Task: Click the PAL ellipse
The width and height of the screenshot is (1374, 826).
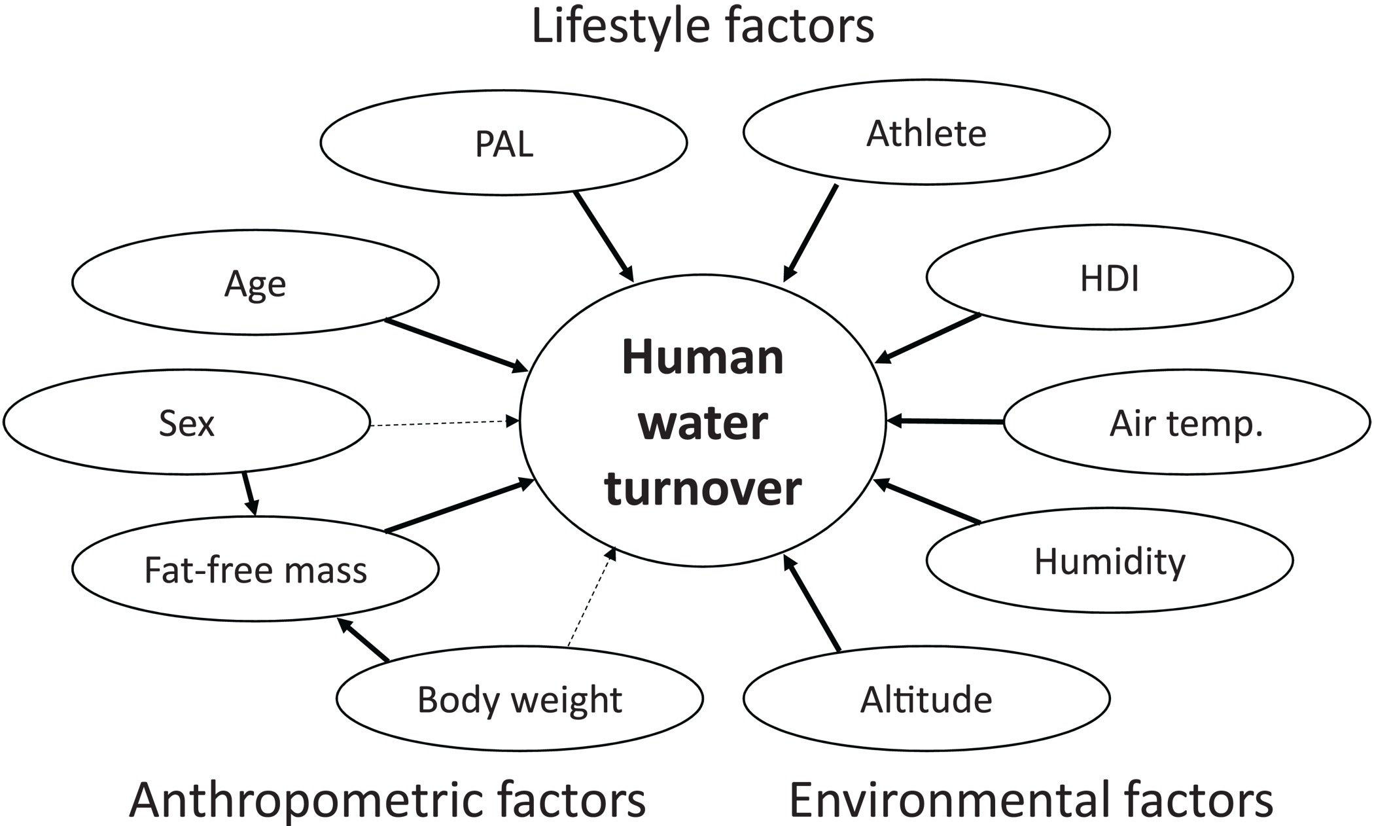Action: pos(504,142)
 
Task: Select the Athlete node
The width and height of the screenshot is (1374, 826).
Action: pos(926,132)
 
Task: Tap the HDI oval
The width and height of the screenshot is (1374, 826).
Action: pos(1110,278)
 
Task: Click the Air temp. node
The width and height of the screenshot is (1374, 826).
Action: pos(1187,423)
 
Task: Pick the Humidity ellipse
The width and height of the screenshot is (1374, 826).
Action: pos(1110,560)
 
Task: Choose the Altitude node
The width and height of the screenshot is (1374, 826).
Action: pos(926,699)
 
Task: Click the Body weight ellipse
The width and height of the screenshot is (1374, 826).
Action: pos(520,699)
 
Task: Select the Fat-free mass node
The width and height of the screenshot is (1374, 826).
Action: pos(255,569)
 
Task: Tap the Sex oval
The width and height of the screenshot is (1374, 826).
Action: pos(186,422)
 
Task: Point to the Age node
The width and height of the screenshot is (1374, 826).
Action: pos(255,282)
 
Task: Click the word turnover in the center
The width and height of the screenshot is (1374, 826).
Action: pos(703,488)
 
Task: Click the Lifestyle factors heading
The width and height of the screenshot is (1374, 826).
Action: pos(703,26)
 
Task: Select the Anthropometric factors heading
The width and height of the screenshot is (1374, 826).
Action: pos(387,800)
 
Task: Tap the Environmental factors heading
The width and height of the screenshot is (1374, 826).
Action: pos(1031,800)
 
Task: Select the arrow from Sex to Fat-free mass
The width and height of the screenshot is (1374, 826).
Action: pos(250,494)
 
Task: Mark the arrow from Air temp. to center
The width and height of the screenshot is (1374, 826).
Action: pos(945,422)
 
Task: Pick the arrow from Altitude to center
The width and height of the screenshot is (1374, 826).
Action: pos(811,603)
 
